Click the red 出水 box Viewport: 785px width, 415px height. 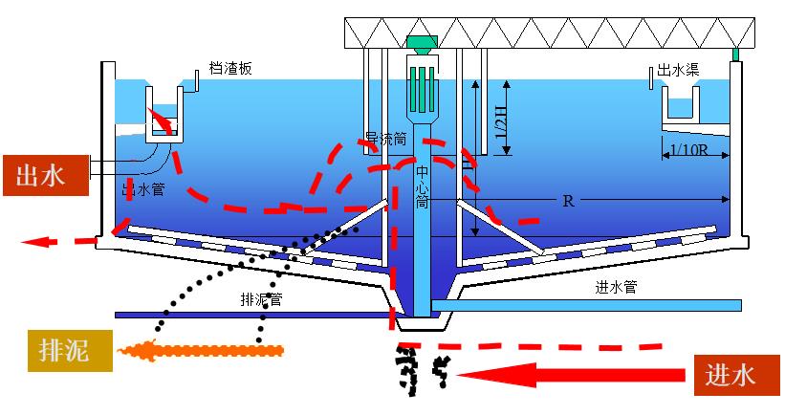(45, 176)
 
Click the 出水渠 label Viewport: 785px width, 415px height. (676, 71)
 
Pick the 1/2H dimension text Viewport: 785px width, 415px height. (503, 114)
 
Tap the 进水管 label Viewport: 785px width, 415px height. (616, 287)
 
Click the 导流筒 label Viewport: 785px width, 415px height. (385, 139)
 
